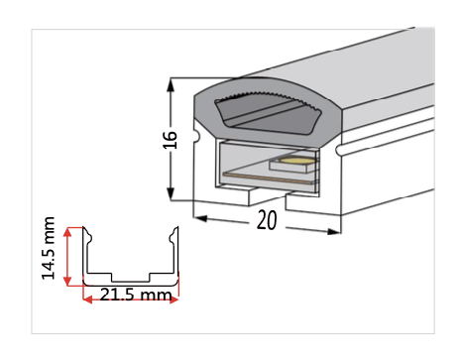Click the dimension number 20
266,221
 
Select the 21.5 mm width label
130,296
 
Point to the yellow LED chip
296,159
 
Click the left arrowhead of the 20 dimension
196,214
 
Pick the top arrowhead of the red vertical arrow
67,230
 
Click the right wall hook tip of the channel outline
177,233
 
